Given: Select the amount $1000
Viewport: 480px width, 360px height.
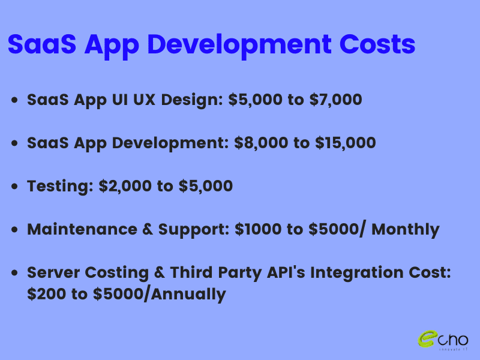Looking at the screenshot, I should (258, 229).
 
